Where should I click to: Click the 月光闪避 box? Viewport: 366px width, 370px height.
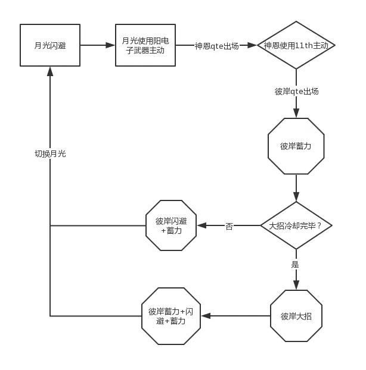(50, 45)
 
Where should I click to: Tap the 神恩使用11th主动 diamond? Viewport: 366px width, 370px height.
(296, 45)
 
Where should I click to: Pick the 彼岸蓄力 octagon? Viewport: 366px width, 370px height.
(296, 146)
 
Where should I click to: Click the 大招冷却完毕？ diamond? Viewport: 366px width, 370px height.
(296, 225)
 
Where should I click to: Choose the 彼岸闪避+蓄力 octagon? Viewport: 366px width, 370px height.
(171, 225)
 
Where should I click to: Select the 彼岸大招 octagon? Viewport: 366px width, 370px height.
(296, 316)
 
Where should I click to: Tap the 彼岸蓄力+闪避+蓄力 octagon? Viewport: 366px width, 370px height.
(171, 316)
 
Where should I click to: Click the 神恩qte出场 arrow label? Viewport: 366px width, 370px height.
(216, 46)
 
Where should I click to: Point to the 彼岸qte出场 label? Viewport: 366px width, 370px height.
(296, 92)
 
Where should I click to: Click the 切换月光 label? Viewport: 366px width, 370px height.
(50, 153)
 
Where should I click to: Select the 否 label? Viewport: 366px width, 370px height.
(229, 226)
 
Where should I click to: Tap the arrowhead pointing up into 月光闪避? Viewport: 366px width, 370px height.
(50, 71)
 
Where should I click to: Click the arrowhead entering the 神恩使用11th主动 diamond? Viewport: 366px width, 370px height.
(252, 45)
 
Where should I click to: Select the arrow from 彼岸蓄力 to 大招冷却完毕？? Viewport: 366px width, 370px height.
(296, 188)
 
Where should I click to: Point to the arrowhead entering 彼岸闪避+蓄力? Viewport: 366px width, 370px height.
(202, 225)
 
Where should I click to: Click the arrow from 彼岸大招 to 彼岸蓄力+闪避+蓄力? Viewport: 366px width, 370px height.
(235, 316)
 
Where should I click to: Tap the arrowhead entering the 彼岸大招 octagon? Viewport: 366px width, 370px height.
(296, 285)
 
